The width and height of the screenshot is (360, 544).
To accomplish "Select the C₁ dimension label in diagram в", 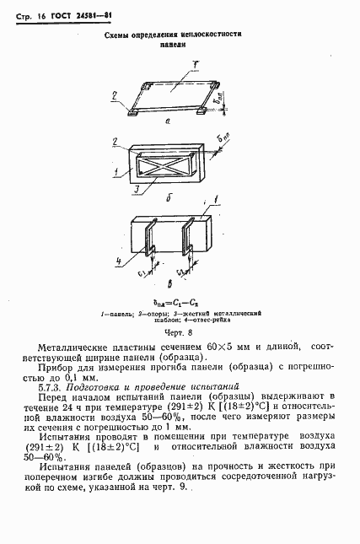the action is [x=142, y=272].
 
